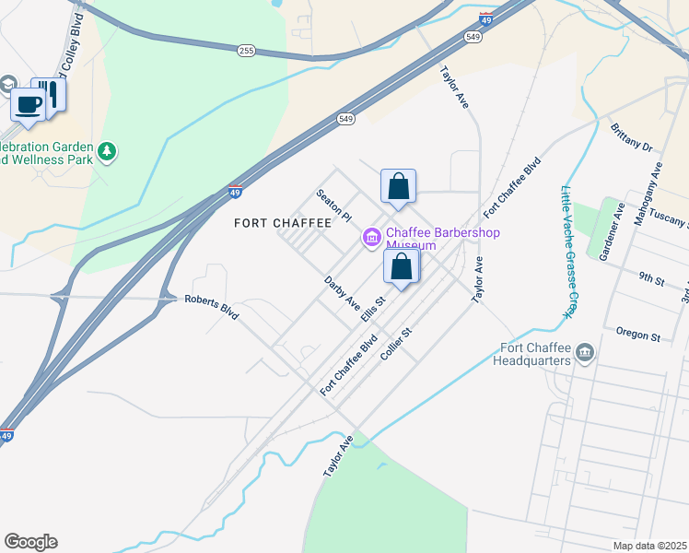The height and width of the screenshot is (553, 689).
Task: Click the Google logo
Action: point(30,542)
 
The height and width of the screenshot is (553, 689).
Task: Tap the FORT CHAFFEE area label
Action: point(282,223)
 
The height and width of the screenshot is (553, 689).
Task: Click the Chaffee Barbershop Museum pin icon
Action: point(372,238)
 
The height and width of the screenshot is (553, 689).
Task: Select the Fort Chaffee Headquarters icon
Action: point(584,353)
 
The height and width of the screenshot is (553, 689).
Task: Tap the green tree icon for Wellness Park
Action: point(108,150)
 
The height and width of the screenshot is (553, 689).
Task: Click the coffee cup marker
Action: point(28,104)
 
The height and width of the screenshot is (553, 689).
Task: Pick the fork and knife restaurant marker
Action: point(50,93)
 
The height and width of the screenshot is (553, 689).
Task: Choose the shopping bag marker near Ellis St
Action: point(402,268)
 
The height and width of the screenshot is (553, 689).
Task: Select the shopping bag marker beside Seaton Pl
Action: point(398,186)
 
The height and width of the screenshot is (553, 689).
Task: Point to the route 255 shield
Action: point(245,51)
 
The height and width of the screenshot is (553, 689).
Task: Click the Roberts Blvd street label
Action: point(212,306)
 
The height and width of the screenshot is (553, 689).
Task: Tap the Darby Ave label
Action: point(342,291)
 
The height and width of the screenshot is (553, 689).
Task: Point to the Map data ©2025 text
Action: point(648,546)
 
